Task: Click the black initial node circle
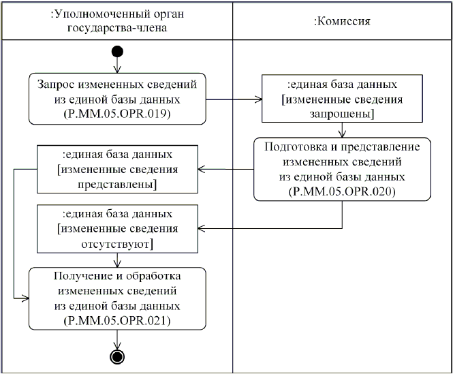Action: pos(118,52)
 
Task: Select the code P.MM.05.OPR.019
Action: pos(118,114)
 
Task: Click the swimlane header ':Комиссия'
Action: pos(341,21)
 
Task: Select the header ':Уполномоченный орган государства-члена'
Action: pos(118,21)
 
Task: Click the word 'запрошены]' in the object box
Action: pos(341,114)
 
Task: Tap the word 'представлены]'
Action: pos(117,184)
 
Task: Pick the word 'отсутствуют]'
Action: pos(117,243)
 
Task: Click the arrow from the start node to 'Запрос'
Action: pos(118,66)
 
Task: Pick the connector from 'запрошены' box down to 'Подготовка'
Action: pos(342,130)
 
